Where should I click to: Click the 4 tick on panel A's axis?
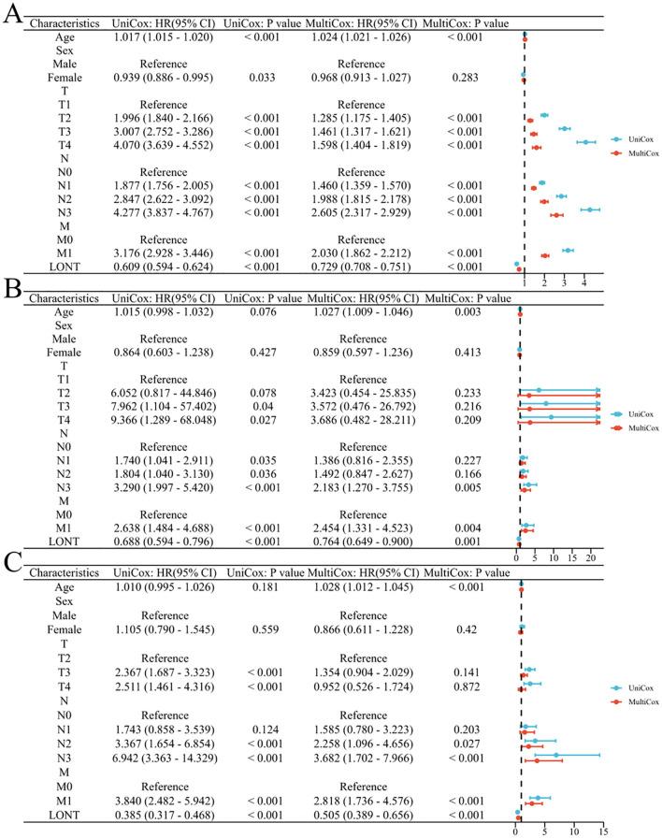(584, 281)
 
